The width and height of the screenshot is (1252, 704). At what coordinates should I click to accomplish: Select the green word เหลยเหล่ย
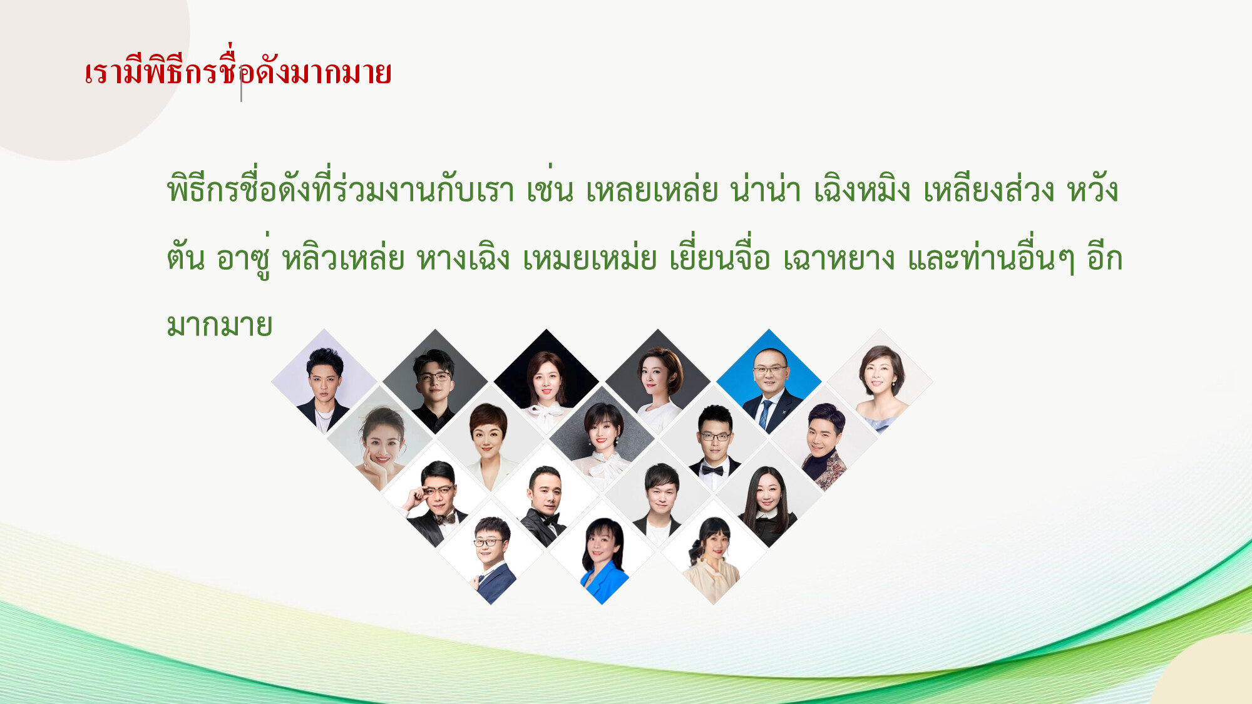[652, 189]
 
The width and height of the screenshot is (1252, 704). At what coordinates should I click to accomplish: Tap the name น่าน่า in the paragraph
[766, 189]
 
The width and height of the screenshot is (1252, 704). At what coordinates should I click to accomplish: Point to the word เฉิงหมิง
[862, 189]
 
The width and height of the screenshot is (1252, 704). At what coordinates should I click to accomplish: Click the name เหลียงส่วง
[989, 189]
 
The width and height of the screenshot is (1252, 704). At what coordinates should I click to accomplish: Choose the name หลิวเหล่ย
[344, 258]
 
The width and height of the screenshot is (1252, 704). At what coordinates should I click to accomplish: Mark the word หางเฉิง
[464, 258]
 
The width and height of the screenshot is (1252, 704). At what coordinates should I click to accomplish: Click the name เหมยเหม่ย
[590, 258]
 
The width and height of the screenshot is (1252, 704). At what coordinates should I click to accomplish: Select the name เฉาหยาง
[839, 258]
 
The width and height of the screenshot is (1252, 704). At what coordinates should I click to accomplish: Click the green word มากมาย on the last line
[220, 325]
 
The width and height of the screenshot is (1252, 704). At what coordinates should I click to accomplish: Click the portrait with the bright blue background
[769, 381]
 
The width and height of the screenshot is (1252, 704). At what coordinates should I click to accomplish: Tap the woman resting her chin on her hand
[379, 441]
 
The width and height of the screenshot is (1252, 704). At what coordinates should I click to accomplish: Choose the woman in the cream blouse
[714, 557]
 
